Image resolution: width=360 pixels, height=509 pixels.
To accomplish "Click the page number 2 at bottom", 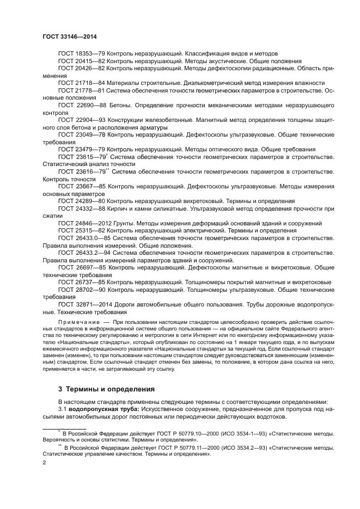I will [45, 462].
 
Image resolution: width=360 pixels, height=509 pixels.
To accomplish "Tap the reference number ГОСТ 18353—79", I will [81, 54].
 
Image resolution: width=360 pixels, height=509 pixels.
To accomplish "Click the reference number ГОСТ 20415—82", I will [81, 62].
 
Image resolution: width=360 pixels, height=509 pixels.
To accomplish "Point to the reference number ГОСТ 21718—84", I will [81, 83].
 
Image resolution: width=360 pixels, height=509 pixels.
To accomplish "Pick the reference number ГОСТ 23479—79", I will [81, 149].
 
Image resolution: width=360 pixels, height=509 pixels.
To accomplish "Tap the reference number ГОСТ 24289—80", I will [81, 201].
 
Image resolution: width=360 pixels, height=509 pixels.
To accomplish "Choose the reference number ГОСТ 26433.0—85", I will [84, 238].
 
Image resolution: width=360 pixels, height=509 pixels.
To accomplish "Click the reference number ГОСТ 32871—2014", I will [84, 304].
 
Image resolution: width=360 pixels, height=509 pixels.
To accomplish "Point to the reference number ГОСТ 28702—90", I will [81, 290].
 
